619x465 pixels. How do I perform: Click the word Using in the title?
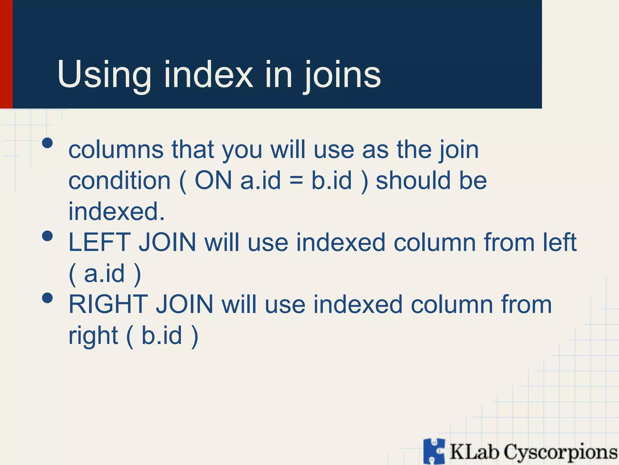(104, 75)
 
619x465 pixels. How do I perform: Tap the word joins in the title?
(342, 75)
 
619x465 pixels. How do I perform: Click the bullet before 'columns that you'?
(47, 143)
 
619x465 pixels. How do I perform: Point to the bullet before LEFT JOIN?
(47, 236)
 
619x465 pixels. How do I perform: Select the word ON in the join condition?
(213, 180)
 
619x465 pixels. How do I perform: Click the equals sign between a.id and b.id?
(296, 181)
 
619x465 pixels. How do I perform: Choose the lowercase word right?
(93, 336)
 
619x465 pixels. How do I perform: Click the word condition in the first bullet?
(120, 180)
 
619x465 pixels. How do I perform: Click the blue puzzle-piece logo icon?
(434, 451)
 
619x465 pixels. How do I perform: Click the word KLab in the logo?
(474, 452)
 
